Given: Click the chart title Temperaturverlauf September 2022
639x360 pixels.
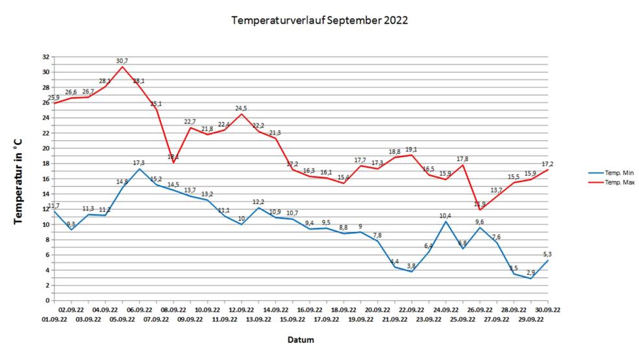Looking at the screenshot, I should click(x=319, y=20).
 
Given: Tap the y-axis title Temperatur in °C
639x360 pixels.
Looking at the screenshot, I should click(x=19, y=179).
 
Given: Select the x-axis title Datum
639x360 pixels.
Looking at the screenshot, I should click(x=301, y=340).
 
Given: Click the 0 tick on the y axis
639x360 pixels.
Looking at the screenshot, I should click(x=47, y=300).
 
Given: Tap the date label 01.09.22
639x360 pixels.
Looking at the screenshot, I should click(x=55, y=320).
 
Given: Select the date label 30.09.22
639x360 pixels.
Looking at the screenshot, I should click(x=548, y=311).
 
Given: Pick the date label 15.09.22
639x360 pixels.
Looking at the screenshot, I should click(x=292, y=320).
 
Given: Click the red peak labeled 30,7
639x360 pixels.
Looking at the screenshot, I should click(x=122, y=60).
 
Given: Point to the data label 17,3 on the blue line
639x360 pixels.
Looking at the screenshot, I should click(x=139, y=162).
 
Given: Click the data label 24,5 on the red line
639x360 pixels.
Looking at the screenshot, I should click(x=242, y=108).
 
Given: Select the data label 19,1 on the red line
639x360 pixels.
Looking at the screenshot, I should click(x=412, y=149).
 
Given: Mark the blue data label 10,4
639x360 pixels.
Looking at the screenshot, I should click(x=445, y=216).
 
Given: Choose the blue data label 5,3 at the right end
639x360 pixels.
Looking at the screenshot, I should click(x=547, y=254).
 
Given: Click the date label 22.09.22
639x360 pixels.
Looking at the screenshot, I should click(x=412, y=311).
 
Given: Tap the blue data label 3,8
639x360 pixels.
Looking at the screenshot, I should click(x=412, y=266).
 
